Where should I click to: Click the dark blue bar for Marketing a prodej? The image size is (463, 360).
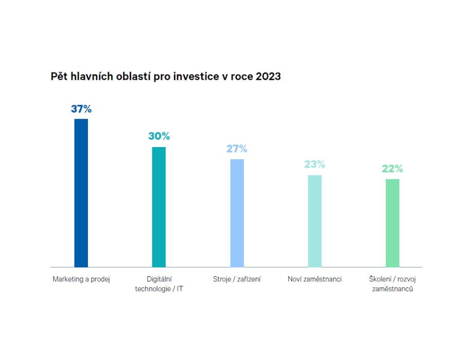81,193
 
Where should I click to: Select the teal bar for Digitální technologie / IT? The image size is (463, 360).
159,207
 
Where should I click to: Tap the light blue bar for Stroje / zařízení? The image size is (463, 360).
237,213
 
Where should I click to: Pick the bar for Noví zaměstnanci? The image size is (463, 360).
315,221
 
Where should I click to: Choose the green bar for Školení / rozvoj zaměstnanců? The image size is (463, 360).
393,223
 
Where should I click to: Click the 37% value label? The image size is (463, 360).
81,109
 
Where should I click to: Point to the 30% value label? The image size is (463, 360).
159,136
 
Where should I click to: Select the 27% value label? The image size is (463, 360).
237,149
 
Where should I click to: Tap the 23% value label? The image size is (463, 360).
314,165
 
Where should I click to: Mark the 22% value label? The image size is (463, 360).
393,169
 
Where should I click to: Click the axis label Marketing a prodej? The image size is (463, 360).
81,279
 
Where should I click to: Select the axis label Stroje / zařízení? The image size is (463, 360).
237,279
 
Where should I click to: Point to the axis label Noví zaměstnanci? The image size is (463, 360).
315,279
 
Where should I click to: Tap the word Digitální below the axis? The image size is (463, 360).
159,279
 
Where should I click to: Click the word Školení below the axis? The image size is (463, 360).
381,279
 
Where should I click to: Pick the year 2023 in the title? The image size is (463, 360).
268,76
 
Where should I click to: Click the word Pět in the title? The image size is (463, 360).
59,76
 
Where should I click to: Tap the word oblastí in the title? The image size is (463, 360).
132,76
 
